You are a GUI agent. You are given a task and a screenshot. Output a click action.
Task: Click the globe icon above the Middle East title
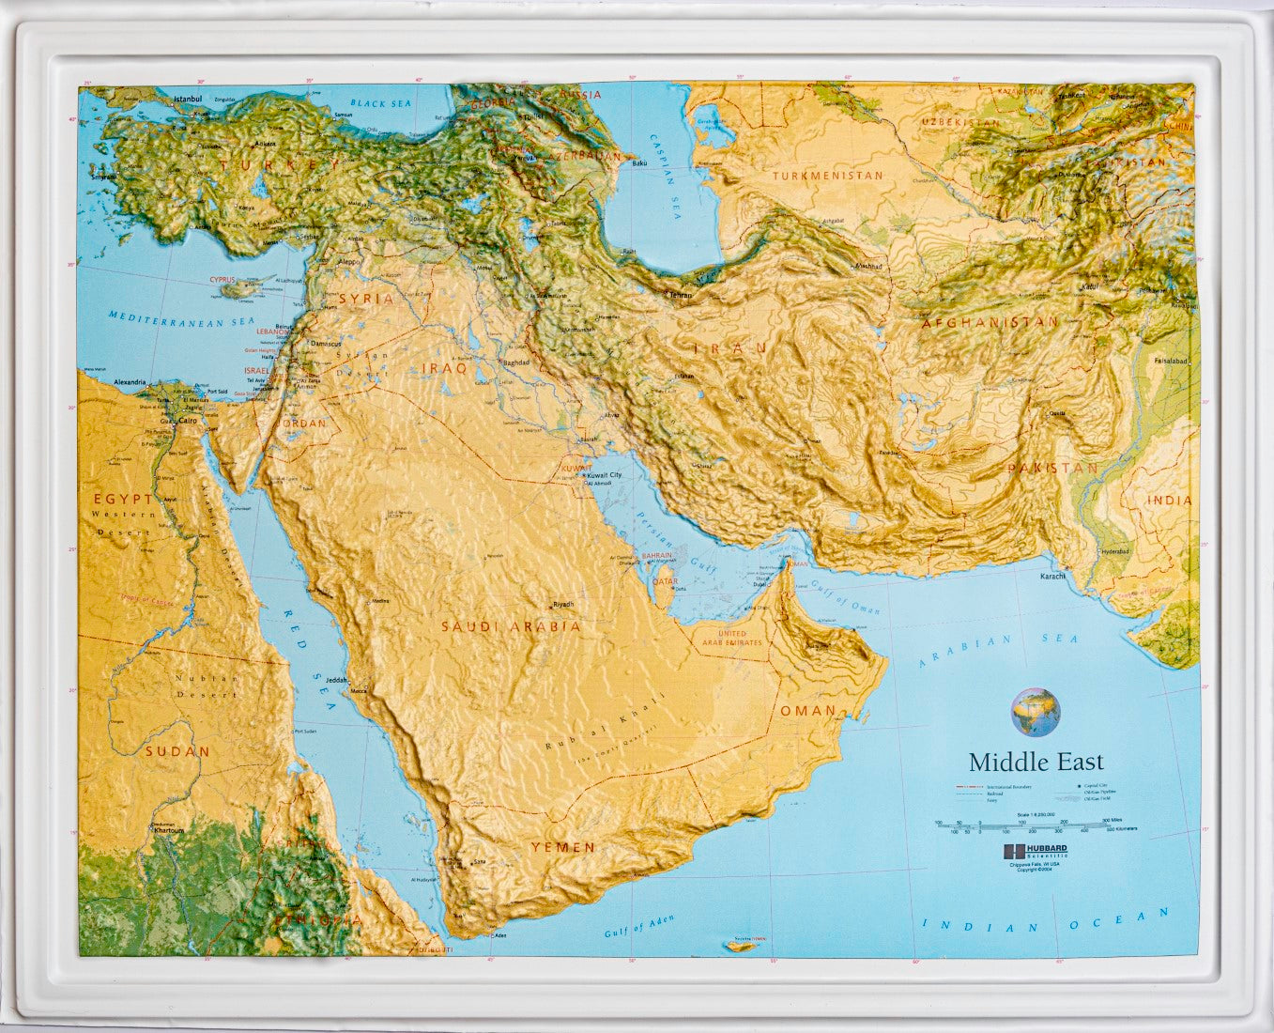(1035, 711)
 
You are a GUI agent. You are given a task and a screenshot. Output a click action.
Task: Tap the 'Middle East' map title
(1036, 762)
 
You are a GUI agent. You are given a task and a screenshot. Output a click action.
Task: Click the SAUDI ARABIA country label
(512, 626)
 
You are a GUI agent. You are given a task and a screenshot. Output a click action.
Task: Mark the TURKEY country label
(269, 165)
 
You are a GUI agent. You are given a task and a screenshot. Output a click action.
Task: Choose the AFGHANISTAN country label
(990, 322)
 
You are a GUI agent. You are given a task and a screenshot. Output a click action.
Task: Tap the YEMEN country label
(562, 847)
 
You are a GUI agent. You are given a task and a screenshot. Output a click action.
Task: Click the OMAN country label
(807, 711)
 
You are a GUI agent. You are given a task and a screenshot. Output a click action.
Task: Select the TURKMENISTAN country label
(827, 176)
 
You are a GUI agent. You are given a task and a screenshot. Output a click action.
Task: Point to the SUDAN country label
(177, 751)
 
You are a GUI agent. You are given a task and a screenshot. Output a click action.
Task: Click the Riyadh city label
(563, 604)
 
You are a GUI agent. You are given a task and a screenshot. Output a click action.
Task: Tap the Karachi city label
(1052, 577)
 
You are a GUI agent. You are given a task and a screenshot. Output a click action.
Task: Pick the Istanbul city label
(188, 99)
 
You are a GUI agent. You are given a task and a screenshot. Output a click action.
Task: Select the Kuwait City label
(604, 476)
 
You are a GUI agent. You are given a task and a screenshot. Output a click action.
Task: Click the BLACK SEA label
(380, 102)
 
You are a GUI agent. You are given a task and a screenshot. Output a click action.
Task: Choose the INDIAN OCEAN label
(1047, 921)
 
